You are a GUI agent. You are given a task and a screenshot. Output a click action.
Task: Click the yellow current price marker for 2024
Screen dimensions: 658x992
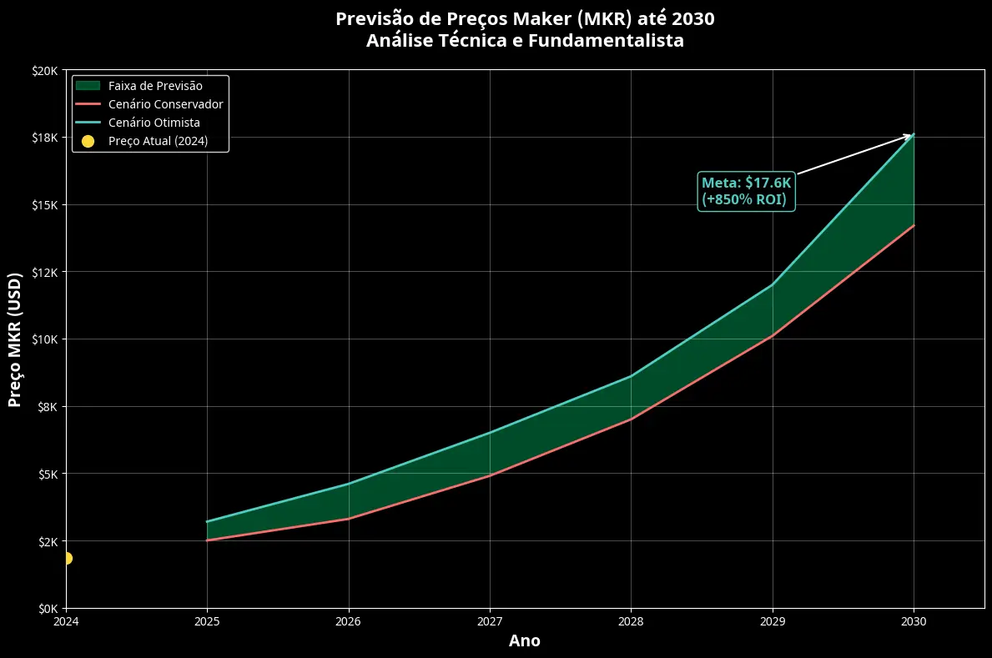coord(67,558)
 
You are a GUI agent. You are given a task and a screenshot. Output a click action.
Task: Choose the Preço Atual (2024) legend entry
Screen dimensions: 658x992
coord(158,141)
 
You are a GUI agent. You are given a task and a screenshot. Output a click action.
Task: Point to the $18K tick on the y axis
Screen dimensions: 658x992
coord(44,137)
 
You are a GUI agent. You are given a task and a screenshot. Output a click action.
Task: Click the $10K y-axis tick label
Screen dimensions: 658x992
coord(44,339)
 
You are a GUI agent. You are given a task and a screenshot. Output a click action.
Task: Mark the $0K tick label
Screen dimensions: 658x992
coord(47,609)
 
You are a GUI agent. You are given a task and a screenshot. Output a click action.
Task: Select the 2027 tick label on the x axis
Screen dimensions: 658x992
coord(490,621)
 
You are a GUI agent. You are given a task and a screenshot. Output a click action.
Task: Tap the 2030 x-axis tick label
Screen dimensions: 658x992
coord(914,621)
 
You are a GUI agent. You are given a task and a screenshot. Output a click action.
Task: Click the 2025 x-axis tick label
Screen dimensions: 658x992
coord(207,621)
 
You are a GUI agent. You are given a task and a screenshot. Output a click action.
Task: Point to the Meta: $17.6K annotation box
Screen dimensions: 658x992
coord(746,191)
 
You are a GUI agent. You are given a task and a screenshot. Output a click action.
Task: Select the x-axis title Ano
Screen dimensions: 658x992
coord(525,641)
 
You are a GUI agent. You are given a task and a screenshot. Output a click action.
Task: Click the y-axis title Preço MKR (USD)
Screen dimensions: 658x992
coord(15,339)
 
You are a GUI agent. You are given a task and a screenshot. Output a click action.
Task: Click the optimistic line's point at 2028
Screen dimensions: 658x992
coord(631,376)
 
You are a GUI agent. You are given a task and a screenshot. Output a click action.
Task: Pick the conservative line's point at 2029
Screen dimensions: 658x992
coord(773,335)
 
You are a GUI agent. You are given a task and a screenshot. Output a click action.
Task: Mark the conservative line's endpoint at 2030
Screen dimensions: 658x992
coord(914,225)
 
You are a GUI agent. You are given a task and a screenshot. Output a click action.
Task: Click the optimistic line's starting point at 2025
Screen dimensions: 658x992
coord(207,521)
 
